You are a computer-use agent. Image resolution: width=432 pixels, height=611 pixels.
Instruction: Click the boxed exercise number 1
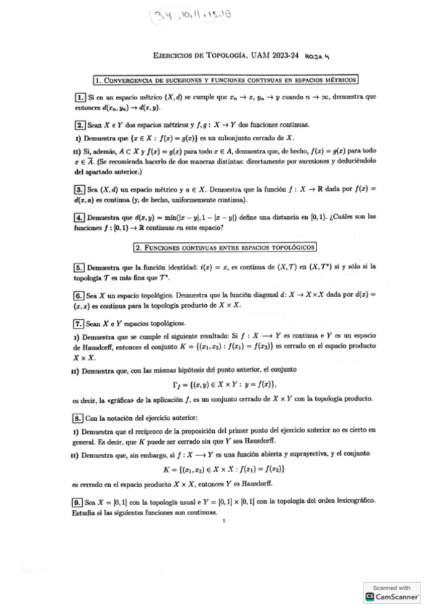[x=79, y=97]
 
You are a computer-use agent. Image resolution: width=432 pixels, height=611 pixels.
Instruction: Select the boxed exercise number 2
[x=79, y=123]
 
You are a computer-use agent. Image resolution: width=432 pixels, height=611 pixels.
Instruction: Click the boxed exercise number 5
[x=79, y=267]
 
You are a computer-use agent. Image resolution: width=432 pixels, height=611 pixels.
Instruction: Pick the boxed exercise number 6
[x=79, y=295]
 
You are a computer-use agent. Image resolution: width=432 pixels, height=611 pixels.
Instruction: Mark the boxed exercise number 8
[x=79, y=418]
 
